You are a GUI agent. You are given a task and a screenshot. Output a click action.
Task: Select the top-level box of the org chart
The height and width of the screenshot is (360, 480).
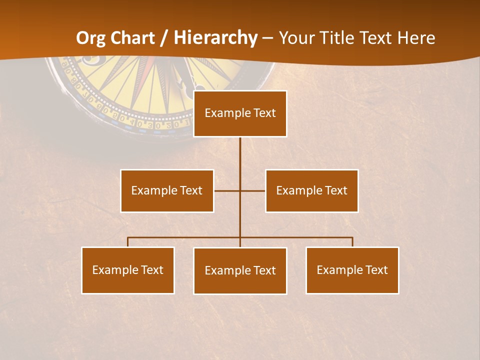(240, 113)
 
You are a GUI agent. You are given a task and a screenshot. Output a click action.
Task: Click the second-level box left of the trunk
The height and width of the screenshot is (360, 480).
(167, 190)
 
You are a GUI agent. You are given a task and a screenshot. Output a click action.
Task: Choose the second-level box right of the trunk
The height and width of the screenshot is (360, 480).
(311, 190)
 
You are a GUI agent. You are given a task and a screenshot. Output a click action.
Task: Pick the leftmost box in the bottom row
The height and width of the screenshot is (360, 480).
(128, 270)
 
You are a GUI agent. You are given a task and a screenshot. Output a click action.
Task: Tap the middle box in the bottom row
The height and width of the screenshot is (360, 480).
(240, 270)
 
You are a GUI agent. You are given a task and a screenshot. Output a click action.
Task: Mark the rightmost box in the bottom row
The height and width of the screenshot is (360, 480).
(352, 270)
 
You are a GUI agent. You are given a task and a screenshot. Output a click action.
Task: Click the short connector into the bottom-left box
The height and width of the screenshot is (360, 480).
(128, 242)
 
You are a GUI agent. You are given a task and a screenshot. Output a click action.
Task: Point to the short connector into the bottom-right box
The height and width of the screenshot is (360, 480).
(352, 242)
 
